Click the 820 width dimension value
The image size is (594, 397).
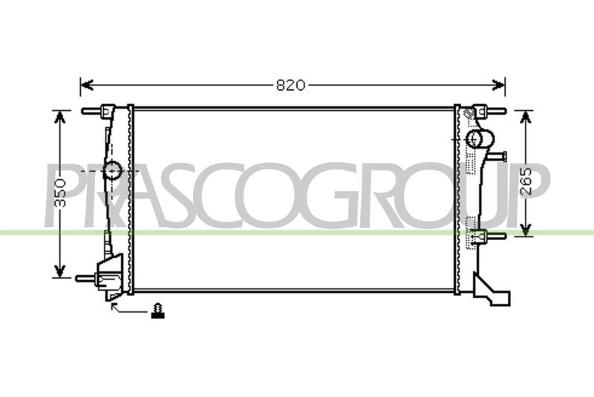pyautogui.click(x=290, y=85)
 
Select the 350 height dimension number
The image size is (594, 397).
pyautogui.click(x=59, y=193)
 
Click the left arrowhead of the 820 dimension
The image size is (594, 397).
pyautogui.click(x=87, y=85)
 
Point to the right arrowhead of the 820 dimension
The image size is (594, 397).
pyautogui.click(x=498, y=85)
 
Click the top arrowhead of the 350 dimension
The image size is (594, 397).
pyautogui.click(x=59, y=117)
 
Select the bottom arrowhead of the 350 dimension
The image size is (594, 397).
pyautogui.click(x=59, y=271)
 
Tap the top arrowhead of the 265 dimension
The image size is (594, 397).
pyautogui.click(x=526, y=117)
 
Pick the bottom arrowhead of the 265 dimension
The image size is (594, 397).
pyautogui.click(x=526, y=230)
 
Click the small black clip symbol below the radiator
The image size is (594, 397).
pyautogui.click(x=157, y=311)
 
